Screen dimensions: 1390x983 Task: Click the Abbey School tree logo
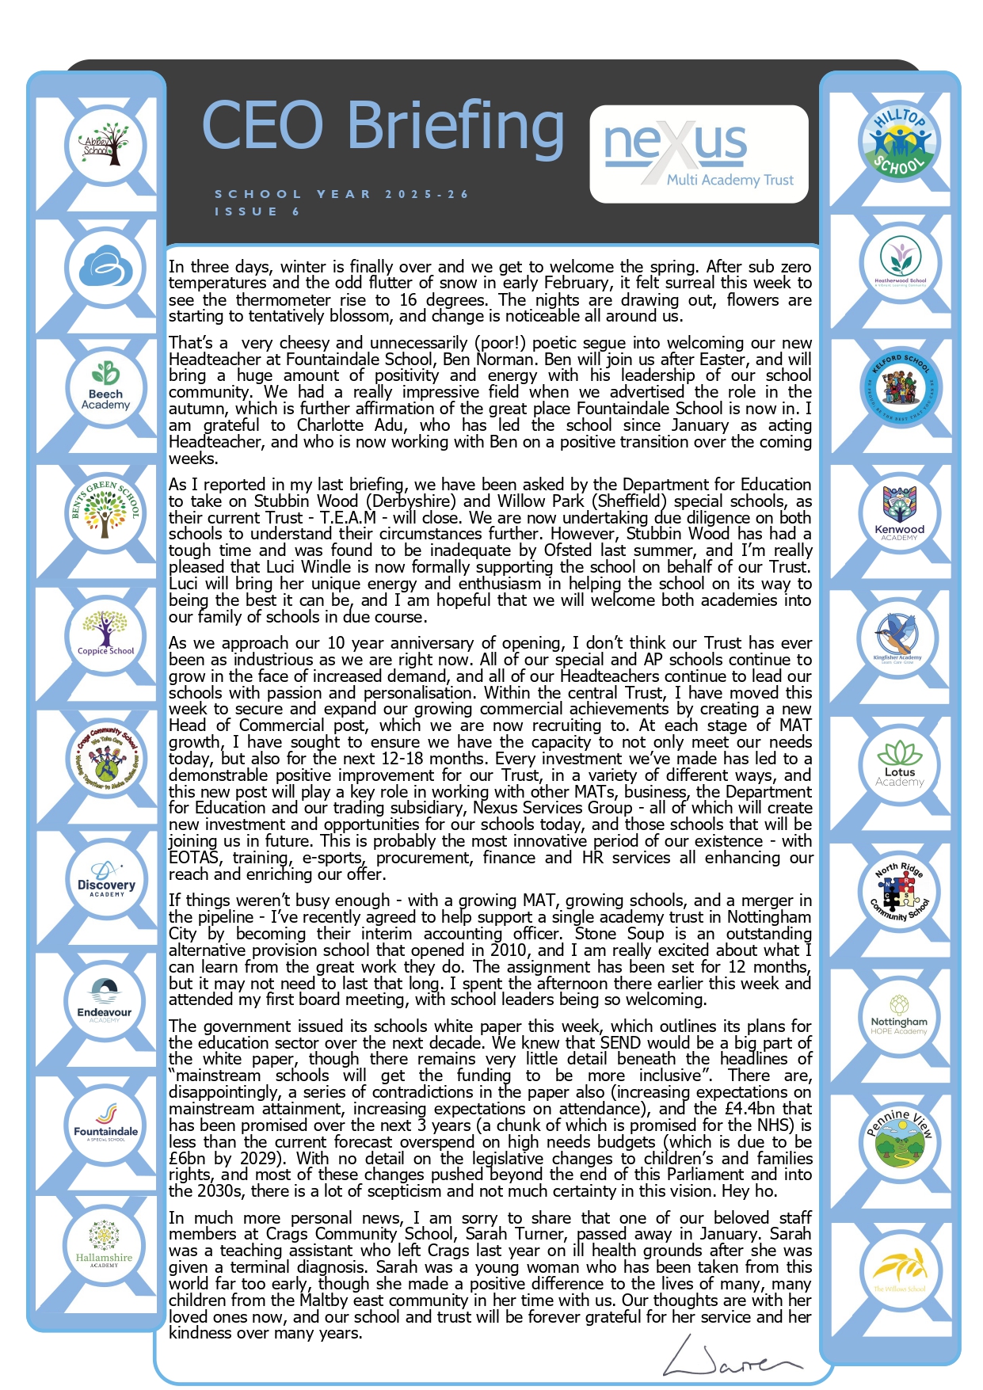(105, 145)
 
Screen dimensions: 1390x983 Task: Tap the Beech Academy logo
(105, 387)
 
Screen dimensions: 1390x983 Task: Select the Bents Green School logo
(105, 509)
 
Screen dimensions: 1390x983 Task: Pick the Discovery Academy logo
(106, 878)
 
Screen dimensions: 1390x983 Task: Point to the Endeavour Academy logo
(105, 1000)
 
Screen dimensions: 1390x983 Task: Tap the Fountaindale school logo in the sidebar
(105, 1122)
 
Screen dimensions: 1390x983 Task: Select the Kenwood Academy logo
(899, 514)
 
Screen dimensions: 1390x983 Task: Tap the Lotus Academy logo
(899, 764)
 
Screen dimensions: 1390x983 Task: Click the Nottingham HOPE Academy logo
(899, 1015)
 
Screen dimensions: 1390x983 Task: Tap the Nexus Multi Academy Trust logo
(699, 154)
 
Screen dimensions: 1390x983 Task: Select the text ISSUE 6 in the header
(257, 211)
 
